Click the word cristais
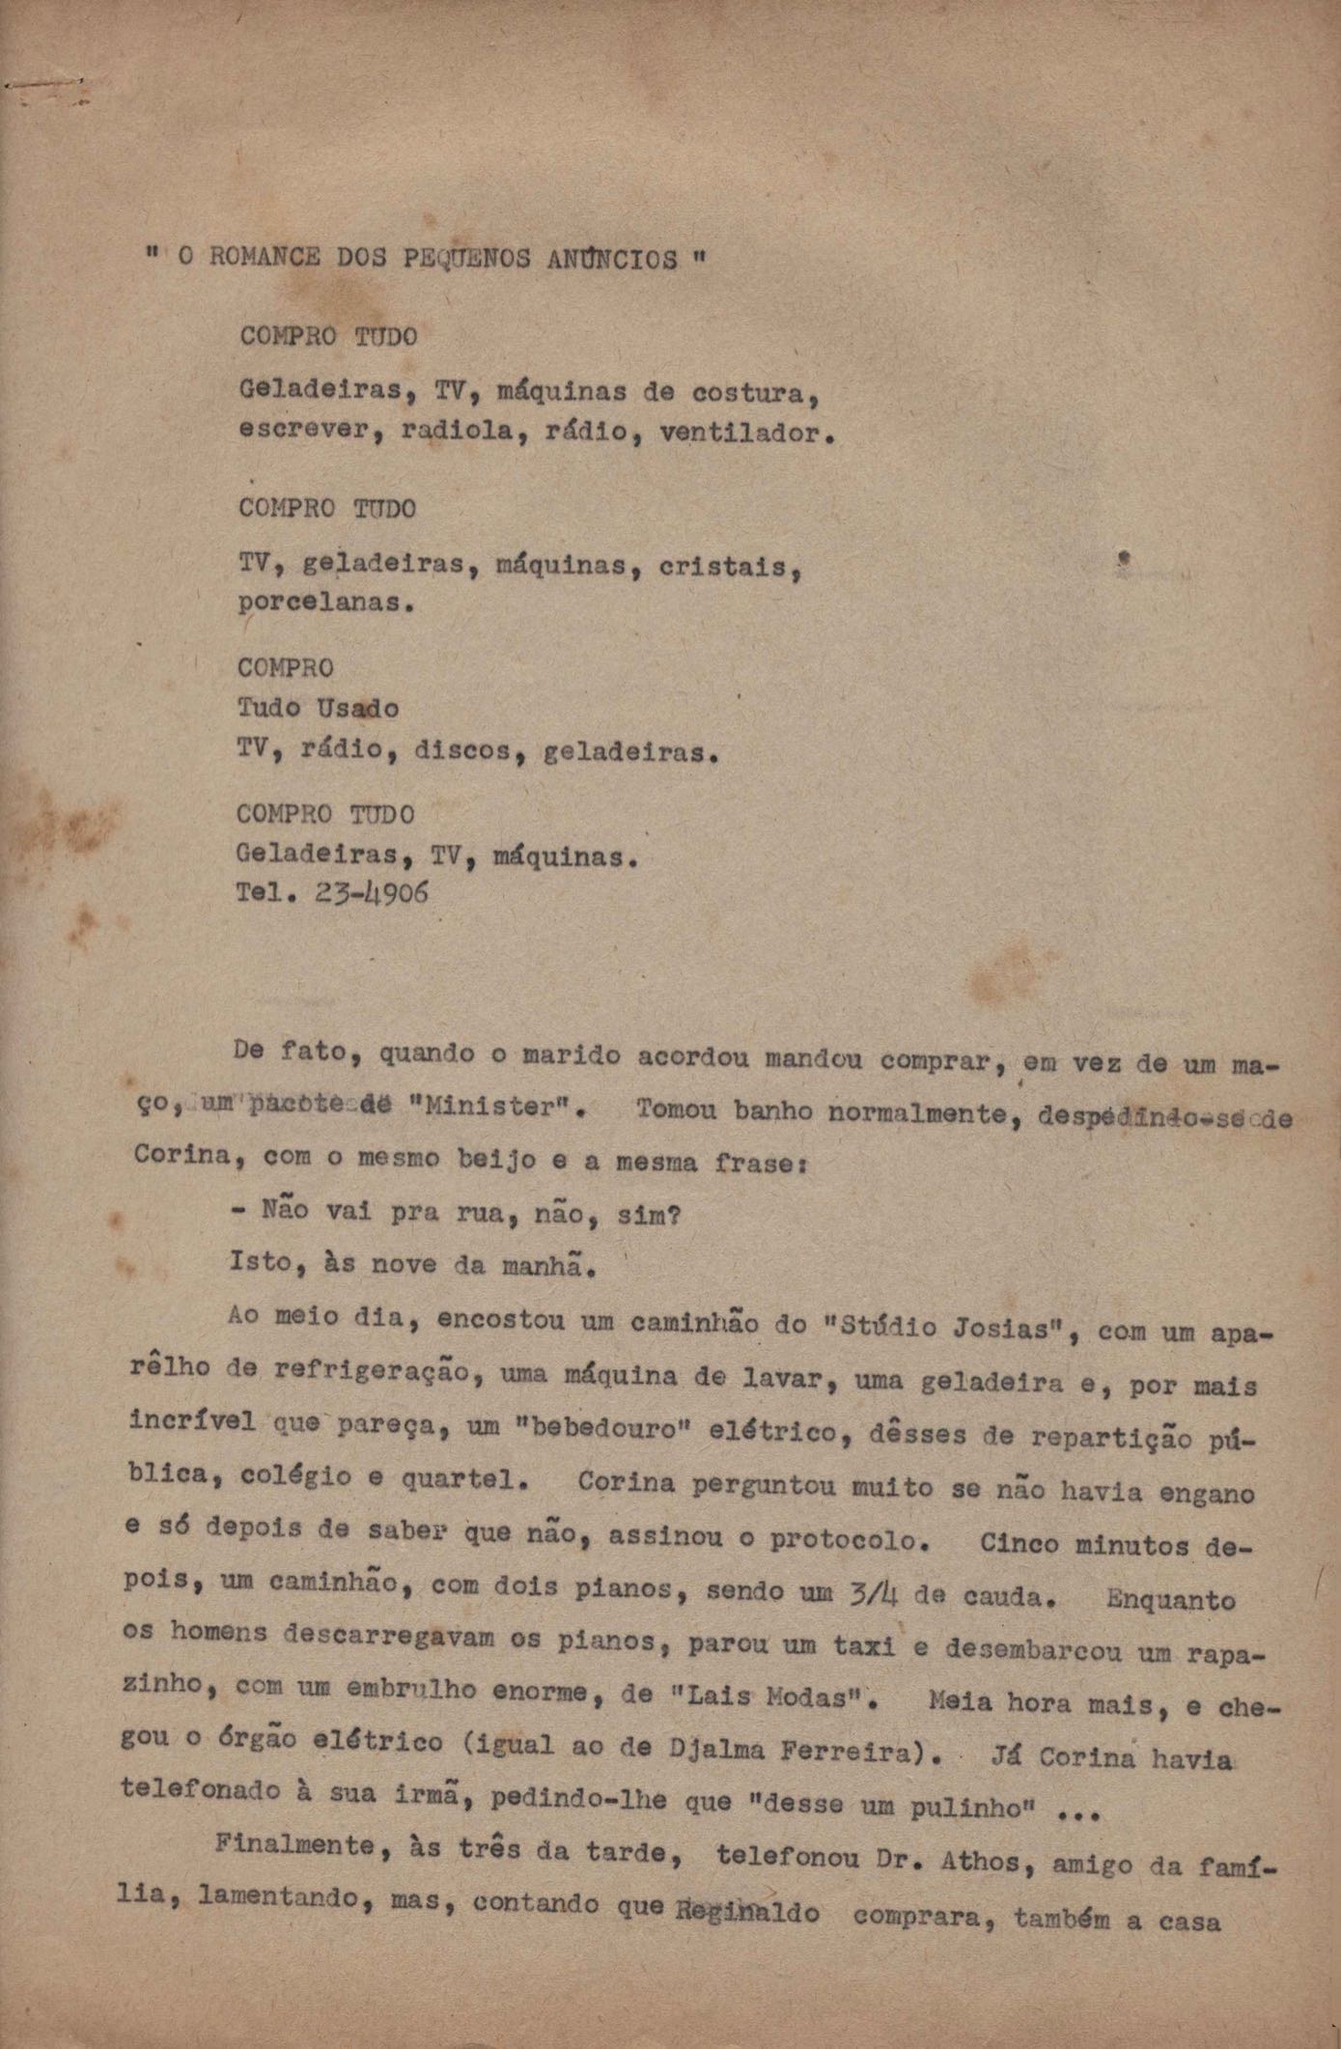[x=729, y=568]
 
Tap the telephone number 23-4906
[x=372, y=893]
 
